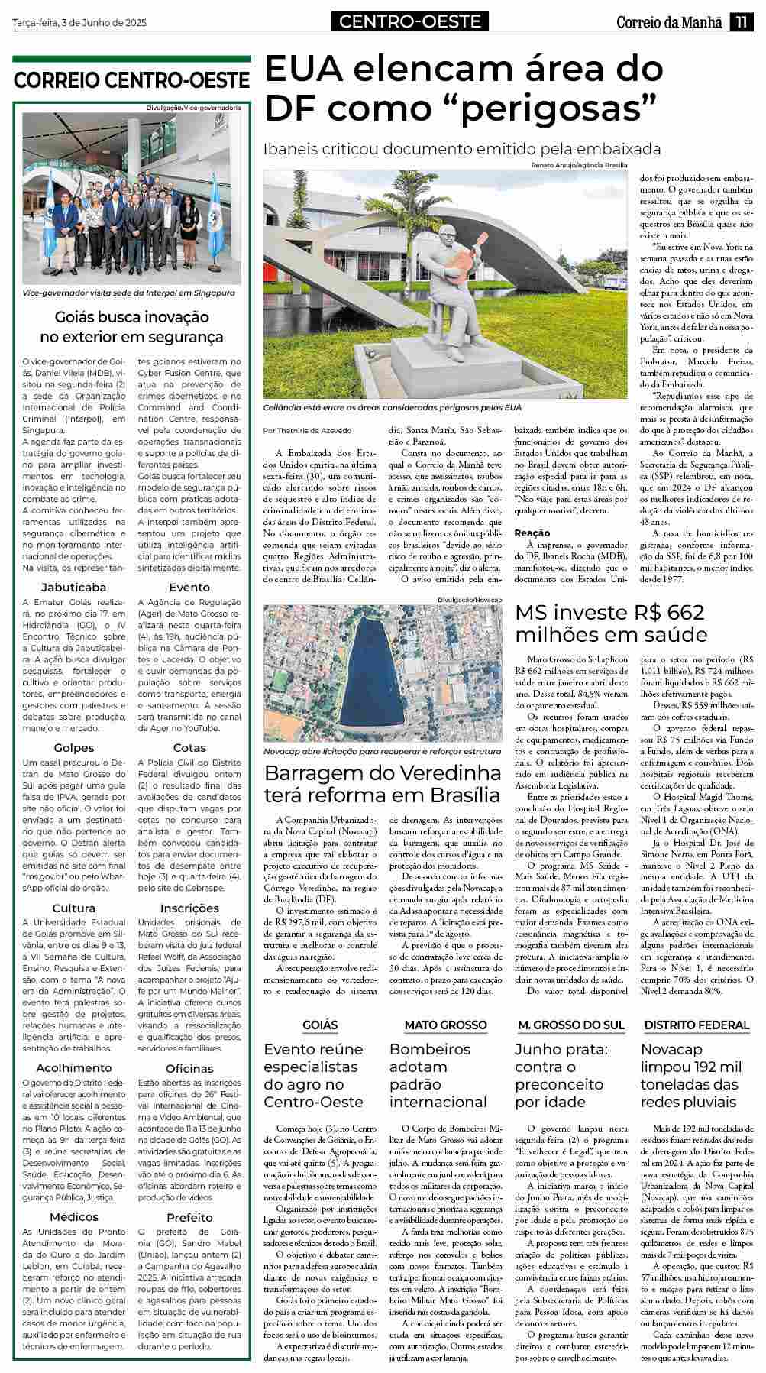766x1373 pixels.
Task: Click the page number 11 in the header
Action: (x=740, y=23)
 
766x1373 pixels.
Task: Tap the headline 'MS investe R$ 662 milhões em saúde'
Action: (x=610, y=623)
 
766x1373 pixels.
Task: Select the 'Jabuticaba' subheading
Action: (x=74, y=588)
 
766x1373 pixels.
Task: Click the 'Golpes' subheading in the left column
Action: (x=74, y=748)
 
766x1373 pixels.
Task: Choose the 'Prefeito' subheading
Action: (x=189, y=1217)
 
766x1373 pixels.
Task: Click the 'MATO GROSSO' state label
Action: (x=445, y=1025)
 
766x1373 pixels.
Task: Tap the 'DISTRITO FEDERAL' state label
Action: (x=697, y=1025)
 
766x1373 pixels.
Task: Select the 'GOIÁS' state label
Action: (x=320, y=1025)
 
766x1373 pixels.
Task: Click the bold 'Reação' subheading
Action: (x=532, y=533)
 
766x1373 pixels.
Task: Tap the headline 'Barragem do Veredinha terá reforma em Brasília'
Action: (x=382, y=783)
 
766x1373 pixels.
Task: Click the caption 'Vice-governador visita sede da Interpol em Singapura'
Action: (x=129, y=293)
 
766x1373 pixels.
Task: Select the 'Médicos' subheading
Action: (x=74, y=1217)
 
